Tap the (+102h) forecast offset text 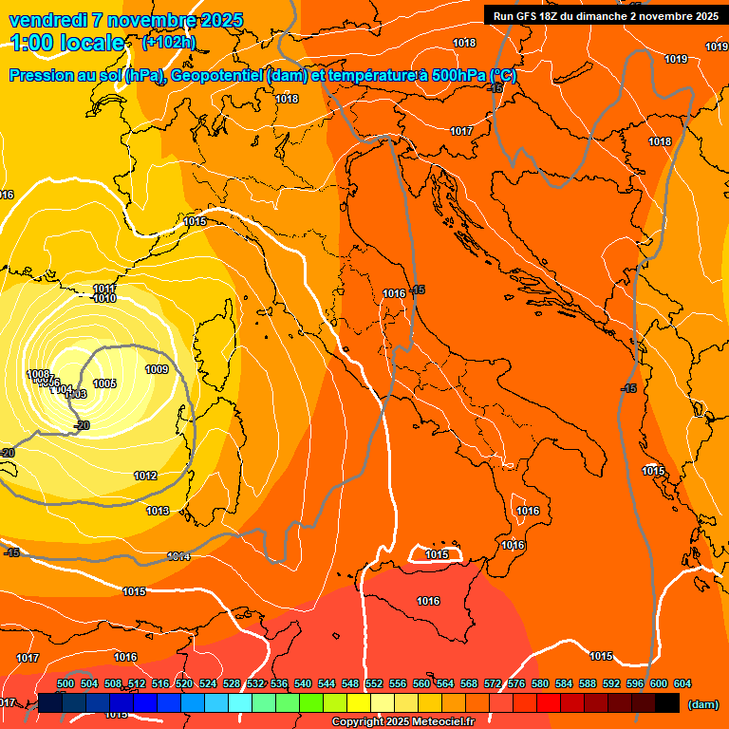point(168,43)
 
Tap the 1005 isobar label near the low point(104,383)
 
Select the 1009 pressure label point(157,370)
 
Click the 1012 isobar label point(145,477)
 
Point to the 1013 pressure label point(158,512)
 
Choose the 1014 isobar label point(178,556)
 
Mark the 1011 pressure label point(104,289)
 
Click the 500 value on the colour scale point(65,683)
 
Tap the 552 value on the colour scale point(374,683)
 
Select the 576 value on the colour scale point(516,683)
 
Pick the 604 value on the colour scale point(682,683)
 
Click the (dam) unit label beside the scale point(702,704)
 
